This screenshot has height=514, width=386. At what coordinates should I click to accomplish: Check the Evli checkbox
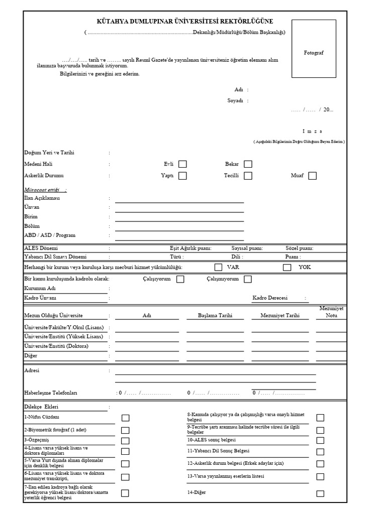tap(182, 164)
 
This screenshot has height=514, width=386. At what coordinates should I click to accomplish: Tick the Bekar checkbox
tap(248, 164)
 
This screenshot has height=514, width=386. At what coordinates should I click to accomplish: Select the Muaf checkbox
tap(312, 176)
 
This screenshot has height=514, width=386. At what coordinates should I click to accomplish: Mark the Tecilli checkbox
tap(248, 176)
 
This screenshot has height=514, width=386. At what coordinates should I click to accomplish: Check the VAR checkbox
tap(218, 267)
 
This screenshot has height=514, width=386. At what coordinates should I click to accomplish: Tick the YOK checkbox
tap(287, 267)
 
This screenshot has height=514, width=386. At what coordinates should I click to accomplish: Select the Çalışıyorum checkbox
tap(180, 279)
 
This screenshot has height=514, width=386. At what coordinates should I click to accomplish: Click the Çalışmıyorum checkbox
tap(248, 279)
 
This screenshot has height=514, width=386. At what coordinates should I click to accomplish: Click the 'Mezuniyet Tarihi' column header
tap(280, 316)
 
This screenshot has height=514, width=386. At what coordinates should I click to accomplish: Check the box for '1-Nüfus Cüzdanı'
tap(125, 418)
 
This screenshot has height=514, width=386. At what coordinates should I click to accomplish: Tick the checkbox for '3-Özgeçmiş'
tap(125, 440)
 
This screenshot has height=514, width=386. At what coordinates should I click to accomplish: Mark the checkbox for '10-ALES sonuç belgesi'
tap(320, 440)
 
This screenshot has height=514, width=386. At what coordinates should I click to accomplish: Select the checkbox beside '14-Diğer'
tap(320, 493)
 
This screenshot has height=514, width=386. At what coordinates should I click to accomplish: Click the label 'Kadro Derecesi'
tap(270, 298)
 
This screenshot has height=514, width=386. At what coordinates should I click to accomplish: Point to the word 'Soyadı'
tap(235, 100)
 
